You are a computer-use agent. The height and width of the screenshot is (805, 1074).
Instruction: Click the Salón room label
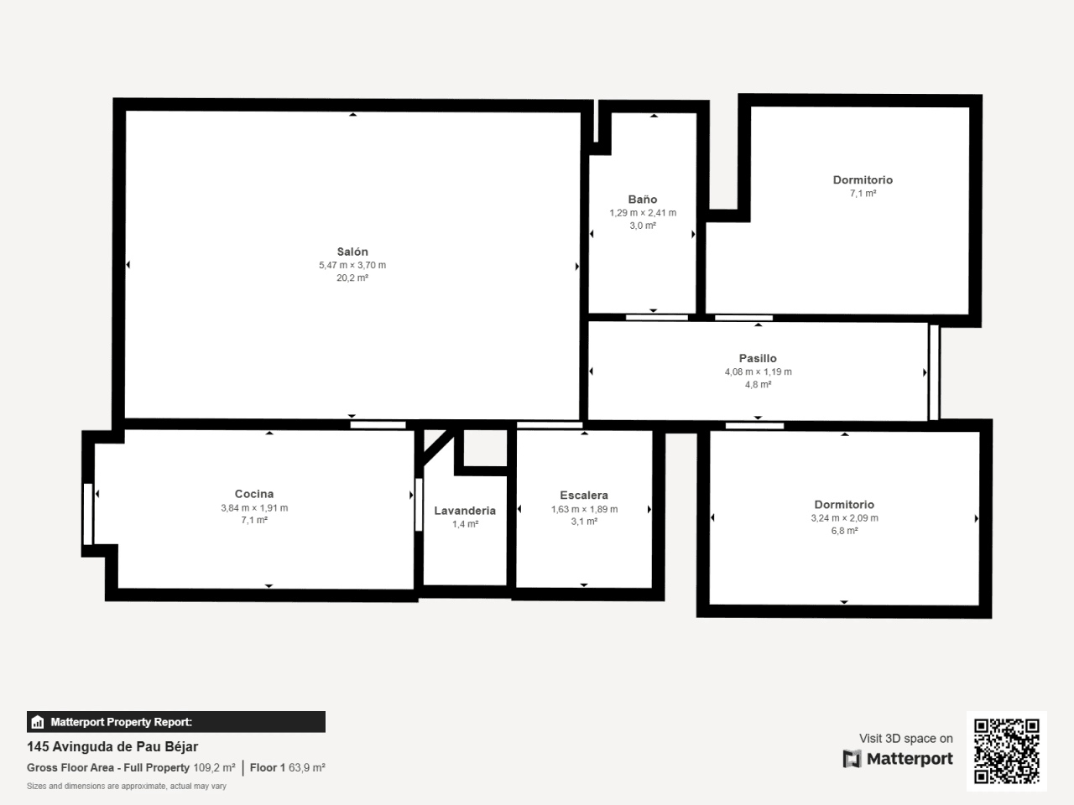[x=352, y=252]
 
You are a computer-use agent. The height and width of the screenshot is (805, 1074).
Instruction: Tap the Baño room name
[x=643, y=200]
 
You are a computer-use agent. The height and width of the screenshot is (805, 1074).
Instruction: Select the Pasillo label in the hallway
[x=758, y=358]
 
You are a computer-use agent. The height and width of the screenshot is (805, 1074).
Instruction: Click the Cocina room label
[x=254, y=494]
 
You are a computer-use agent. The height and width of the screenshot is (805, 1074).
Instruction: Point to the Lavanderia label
[x=465, y=511]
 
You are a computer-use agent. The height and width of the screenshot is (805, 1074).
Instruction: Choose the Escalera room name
[x=584, y=495]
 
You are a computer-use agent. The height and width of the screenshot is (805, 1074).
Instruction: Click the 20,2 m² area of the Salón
[x=352, y=278]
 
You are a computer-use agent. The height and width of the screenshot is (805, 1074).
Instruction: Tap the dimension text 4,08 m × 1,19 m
[x=758, y=371]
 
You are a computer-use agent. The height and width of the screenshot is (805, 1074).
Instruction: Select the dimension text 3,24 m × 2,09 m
[x=845, y=517]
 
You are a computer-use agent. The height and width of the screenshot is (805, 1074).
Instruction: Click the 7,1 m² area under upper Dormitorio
[x=863, y=193]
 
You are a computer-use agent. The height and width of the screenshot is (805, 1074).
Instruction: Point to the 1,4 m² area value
[x=465, y=524]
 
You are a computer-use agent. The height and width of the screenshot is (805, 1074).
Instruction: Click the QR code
[x=1007, y=751]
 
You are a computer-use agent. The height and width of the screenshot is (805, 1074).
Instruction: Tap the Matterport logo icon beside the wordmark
[x=852, y=759]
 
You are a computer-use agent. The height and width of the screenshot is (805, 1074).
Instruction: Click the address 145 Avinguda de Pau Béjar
[x=112, y=747]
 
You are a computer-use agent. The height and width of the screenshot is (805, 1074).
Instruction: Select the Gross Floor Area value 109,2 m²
[x=214, y=767]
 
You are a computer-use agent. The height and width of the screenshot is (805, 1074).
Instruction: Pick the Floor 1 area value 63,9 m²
[x=307, y=767]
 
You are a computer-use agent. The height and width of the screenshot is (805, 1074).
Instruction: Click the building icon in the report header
[x=38, y=722]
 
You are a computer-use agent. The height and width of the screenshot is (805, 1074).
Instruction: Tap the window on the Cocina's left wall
[x=88, y=514]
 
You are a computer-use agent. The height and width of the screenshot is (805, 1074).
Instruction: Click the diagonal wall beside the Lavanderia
[x=438, y=447]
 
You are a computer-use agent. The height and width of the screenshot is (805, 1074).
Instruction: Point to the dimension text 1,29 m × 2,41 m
[x=643, y=213]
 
